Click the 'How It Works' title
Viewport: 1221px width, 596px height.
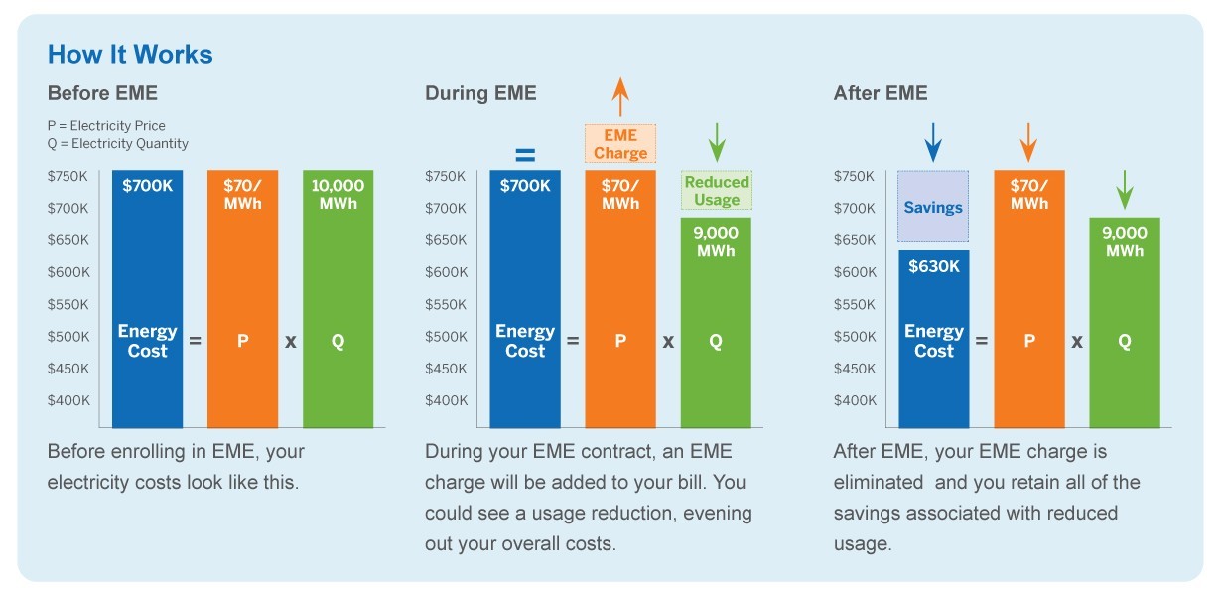pyautogui.click(x=130, y=54)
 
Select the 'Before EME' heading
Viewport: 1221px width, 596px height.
pyautogui.click(x=102, y=93)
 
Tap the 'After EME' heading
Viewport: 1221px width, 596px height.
pyautogui.click(x=881, y=93)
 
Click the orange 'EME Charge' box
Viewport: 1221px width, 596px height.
pyautogui.click(x=620, y=144)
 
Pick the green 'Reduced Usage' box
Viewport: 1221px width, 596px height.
pyautogui.click(x=717, y=191)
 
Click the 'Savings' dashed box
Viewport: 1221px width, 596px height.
pyautogui.click(x=933, y=207)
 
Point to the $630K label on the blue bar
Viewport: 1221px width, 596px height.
pyautogui.click(x=933, y=265)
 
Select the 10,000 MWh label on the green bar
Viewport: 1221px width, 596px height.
pyautogui.click(x=338, y=194)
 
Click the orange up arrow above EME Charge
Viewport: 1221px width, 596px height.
pyautogui.click(x=620, y=98)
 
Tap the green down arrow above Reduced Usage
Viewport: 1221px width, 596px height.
pyautogui.click(x=717, y=143)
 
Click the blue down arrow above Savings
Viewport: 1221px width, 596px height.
pyautogui.click(x=933, y=142)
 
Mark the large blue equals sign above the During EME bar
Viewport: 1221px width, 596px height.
pyautogui.click(x=524, y=155)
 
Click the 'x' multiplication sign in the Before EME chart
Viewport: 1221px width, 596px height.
pyautogui.click(x=291, y=341)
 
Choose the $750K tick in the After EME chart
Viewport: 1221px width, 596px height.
pyautogui.click(x=855, y=177)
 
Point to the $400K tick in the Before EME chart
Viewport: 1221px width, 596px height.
pyautogui.click(x=68, y=400)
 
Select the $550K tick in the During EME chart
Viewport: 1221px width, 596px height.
pyautogui.click(x=446, y=304)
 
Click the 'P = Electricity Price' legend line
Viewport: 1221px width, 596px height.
pyautogui.click(x=106, y=126)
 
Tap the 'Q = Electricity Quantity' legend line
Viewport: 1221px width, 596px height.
pyautogui.click(x=117, y=144)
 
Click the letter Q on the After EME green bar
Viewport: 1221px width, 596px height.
pyautogui.click(x=1125, y=341)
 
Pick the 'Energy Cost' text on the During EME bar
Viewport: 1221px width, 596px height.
pyautogui.click(x=525, y=341)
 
